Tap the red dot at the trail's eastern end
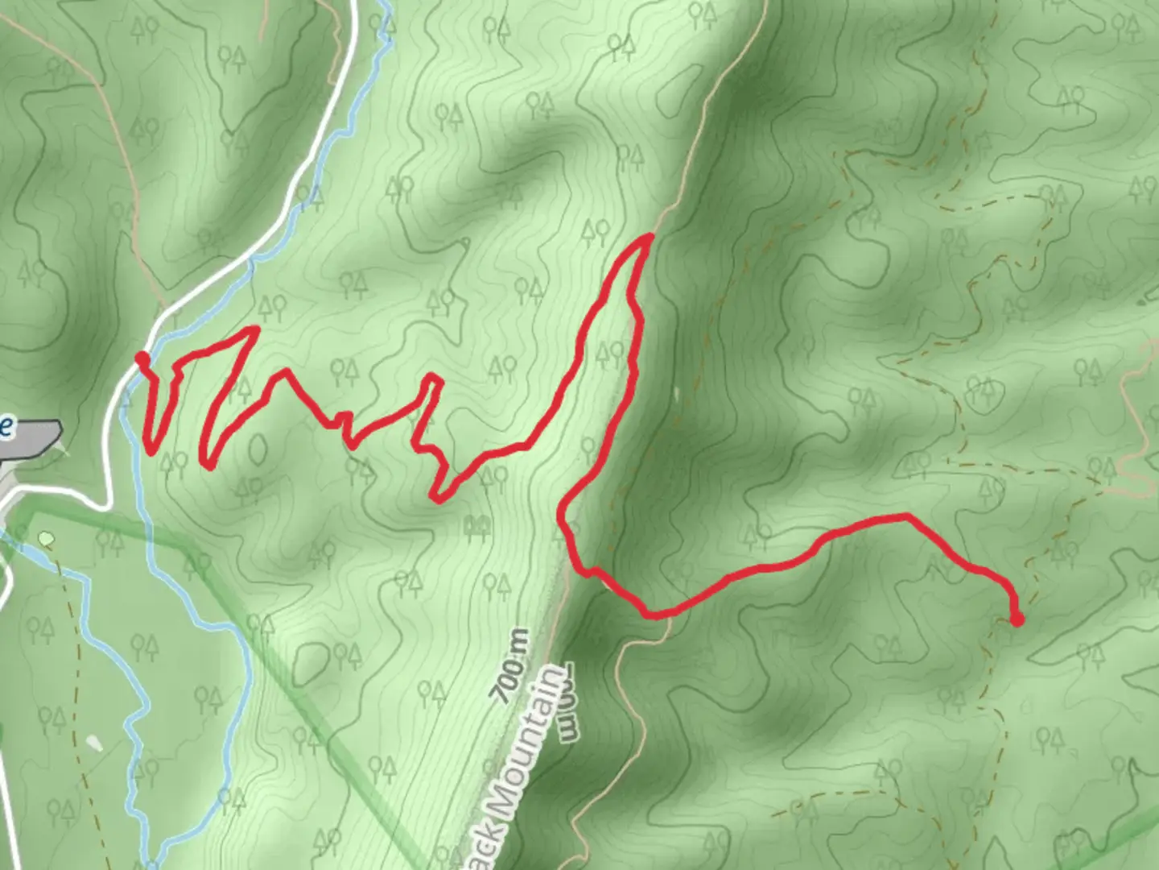pyautogui.click(x=1017, y=619)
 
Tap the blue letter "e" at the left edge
pyautogui.click(x=6, y=426)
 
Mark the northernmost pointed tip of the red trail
pyautogui.click(x=650, y=236)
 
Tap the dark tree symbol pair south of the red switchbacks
pyautogui.click(x=477, y=528)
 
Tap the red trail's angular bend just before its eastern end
pyautogui.click(x=908, y=516)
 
